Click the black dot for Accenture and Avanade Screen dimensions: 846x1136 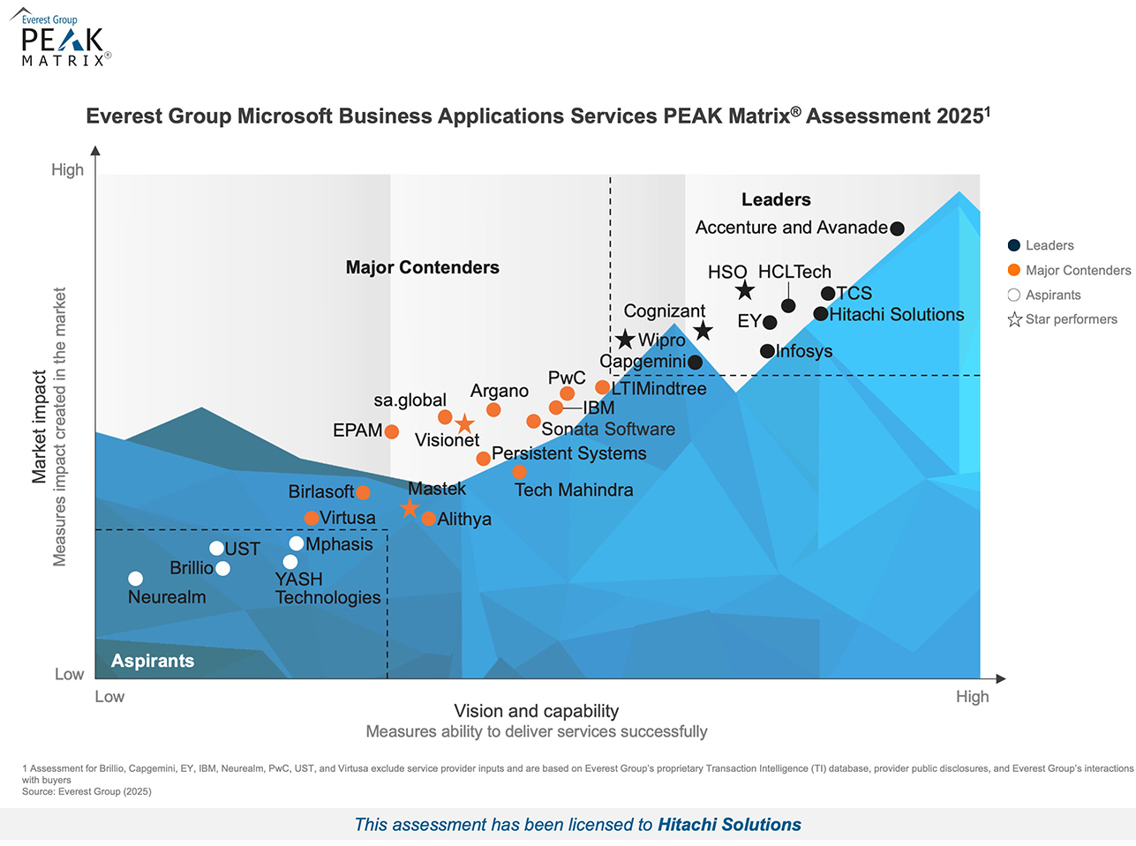(x=897, y=228)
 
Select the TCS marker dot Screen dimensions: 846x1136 (x=828, y=294)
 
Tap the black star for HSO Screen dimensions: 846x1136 (x=745, y=290)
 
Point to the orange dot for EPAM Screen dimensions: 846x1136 (x=391, y=431)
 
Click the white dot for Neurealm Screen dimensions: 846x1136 (x=135, y=579)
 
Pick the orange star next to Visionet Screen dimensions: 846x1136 (x=464, y=424)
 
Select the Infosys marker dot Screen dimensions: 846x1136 (x=767, y=351)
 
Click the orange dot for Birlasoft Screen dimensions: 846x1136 (x=363, y=492)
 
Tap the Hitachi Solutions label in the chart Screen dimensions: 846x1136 (x=896, y=315)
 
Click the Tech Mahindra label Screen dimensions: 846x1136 (x=574, y=490)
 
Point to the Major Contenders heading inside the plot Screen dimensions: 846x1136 (x=422, y=267)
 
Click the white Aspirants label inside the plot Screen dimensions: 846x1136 (x=152, y=661)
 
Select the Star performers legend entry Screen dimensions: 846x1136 (x=1071, y=319)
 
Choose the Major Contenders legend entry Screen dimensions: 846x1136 (x=1077, y=271)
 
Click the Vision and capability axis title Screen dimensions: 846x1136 (x=536, y=711)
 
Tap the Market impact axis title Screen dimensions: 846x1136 (x=40, y=427)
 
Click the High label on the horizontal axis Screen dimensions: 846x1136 (x=972, y=697)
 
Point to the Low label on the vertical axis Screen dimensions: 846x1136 (x=69, y=674)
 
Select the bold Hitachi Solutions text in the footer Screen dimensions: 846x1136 (x=729, y=825)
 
